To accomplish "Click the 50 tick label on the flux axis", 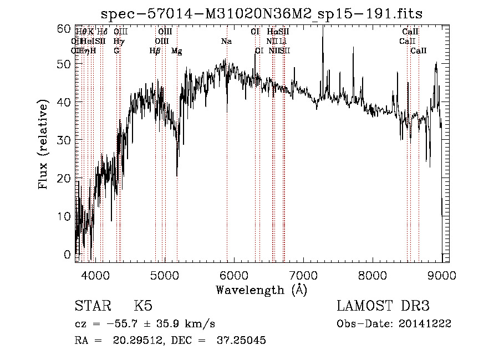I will click(65, 64).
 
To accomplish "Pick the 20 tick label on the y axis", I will click(65, 178).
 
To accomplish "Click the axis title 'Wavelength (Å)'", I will click(261, 290).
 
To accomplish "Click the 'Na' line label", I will click(226, 41).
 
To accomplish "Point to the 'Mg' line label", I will click(176, 50).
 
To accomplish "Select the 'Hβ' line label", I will click(155, 50).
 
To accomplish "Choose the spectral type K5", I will click(143, 306).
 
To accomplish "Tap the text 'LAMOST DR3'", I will click(383, 306).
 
